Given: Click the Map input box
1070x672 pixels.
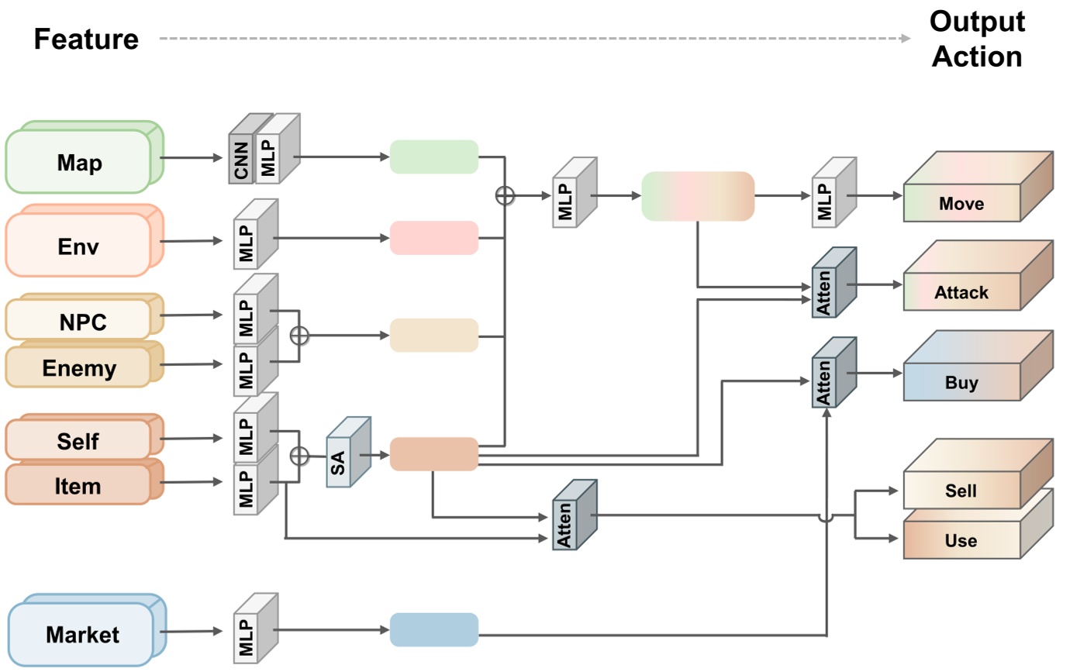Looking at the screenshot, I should (79, 163).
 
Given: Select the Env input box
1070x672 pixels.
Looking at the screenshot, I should (79, 246).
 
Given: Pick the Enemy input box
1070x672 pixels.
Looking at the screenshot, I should (79, 367).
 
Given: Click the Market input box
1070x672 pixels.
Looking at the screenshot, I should (82, 635).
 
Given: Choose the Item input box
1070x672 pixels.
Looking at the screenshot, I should (78, 485).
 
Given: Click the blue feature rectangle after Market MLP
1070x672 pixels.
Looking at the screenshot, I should (433, 629).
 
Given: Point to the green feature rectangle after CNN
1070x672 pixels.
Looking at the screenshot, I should (433, 157).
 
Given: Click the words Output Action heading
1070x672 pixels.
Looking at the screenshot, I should (977, 39).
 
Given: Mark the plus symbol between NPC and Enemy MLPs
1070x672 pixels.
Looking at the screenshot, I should (299, 336).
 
